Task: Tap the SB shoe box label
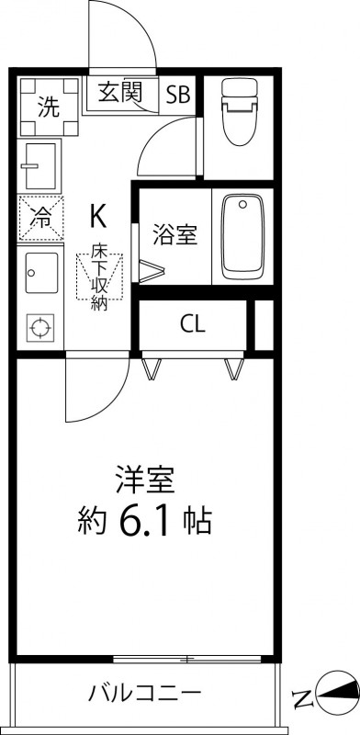[x=178, y=93]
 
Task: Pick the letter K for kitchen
[x=97, y=216]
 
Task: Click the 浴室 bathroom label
[x=174, y=235]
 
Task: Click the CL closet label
[x=193, y=324]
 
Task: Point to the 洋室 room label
[x=146, y=480]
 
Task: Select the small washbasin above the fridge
[x=39, y=165]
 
